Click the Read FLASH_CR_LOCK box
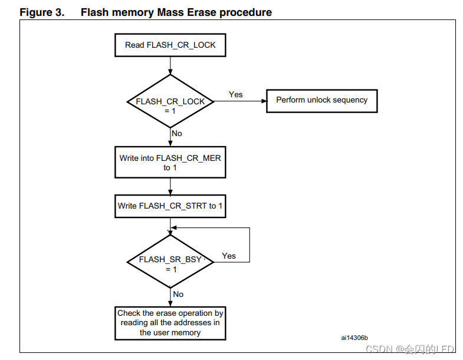point(170,45)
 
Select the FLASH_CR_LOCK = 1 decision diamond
point(170,101)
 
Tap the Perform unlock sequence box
point(321,100)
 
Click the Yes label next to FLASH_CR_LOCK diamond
point(235,94)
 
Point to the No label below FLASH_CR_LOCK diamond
point(177,133)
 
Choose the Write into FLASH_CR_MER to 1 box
point(170,163)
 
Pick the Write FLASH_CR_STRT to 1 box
point(170,206)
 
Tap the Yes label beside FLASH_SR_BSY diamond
point(229,256)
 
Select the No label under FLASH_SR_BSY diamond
point(178,294)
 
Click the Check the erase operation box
point(170,322)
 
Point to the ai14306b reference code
point(354,338)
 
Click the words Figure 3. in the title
point(42,12)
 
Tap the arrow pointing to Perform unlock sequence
point(248,101)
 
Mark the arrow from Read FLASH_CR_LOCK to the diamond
point(170,65)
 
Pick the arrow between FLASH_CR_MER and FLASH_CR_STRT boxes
point(170,186)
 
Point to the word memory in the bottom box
point(186,332)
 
